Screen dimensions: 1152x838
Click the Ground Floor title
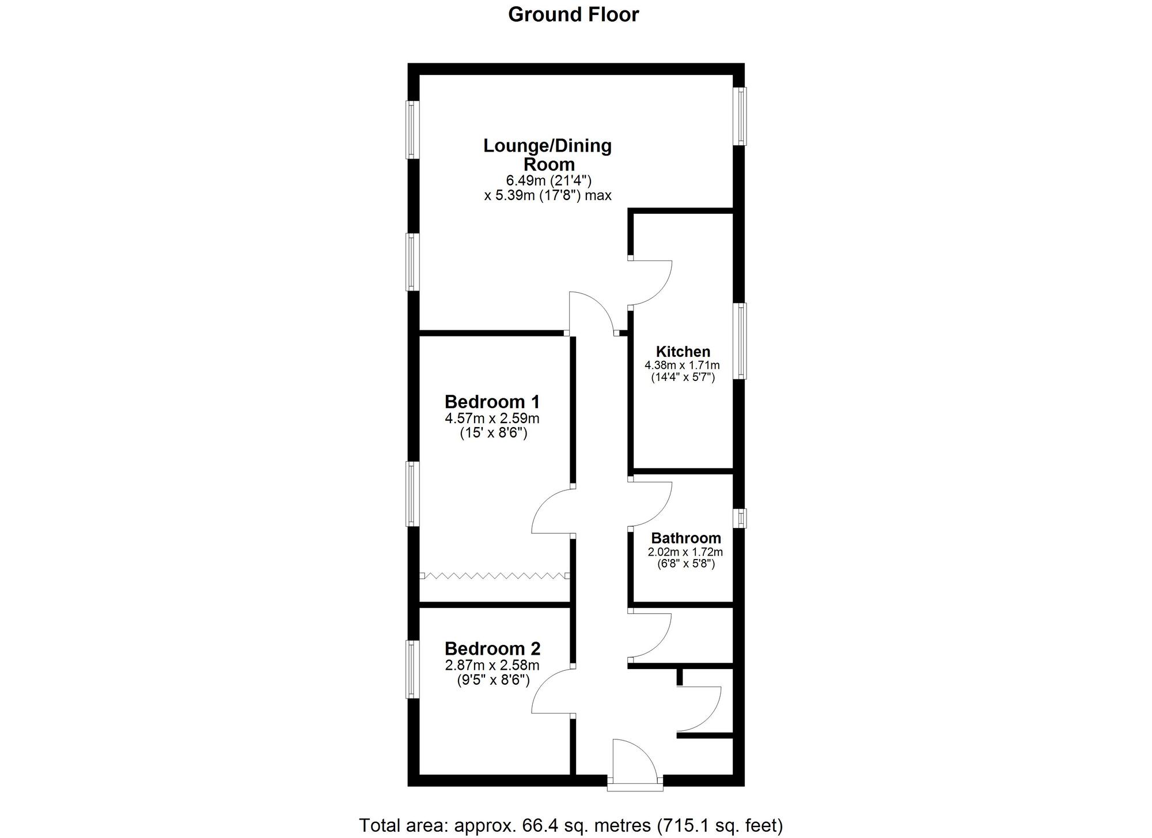[573, 14]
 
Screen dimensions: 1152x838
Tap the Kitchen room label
[683, 352]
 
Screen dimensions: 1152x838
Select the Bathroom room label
[686, 538]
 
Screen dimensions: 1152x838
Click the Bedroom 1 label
[492, 401]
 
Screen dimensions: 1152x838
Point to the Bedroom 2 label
[492, 649]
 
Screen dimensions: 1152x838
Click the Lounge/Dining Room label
[547, 154]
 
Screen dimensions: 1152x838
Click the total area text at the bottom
[571, 826]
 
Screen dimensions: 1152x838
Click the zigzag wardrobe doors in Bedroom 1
[495, 575]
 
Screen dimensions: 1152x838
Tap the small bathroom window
[740, 518]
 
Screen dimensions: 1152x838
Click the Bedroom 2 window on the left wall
[412, 669]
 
